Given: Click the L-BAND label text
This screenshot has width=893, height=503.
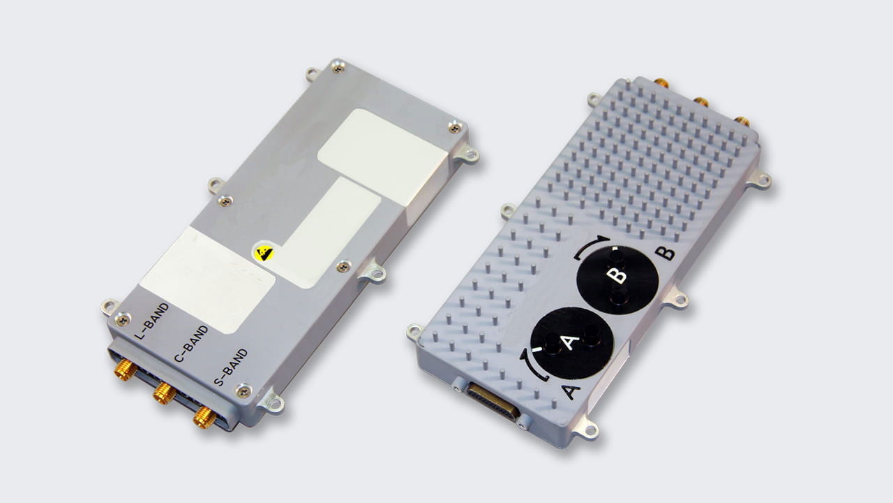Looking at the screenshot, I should pos(151,321).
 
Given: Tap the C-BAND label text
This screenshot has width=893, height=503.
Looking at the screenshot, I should pos(190,344).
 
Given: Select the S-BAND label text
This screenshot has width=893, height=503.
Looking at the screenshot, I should pos(230,365).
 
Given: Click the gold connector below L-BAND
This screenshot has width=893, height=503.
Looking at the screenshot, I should pos(126,370).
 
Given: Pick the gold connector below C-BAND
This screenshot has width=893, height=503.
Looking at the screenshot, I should pos(165,393).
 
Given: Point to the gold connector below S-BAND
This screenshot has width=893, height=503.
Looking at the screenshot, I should pos(204,417).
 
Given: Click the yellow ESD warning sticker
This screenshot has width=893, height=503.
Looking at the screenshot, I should pos(264,252).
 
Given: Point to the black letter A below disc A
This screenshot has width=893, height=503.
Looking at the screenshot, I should pos(570,391).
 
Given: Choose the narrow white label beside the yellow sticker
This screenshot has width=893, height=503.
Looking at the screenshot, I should pos(328,231).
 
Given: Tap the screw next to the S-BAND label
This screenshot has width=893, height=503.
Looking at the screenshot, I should pos(243,391).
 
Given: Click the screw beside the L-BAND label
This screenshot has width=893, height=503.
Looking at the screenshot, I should pos(122,320).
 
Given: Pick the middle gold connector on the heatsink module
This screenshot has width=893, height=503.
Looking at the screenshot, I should pos(701,101).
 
